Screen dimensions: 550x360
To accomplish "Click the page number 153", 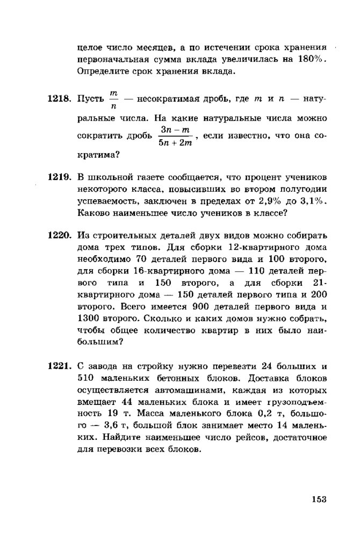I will pos(319,499).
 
